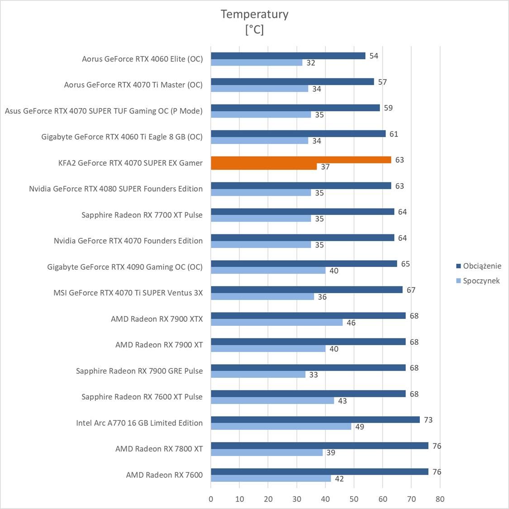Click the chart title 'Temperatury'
pyautogui.click(x=254, y=14)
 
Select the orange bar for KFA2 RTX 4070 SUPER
pyautogui.click(x=300, y=160)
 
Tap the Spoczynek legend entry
pyautogui.click(x=481, y=281)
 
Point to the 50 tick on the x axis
pyautogui.click(x=354, y=499)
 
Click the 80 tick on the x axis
pyautogui.click(x=440, y=499)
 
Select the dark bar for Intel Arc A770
pyautogui.click(x=315, y=420)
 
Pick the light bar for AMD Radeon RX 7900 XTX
pyautogui.click(x=276, y=323)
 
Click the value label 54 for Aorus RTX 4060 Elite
pyautogui.click(x=374, y=56)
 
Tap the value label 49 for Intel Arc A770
pyautogui.click(x=360, y=427)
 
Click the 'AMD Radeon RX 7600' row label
pyautogui.click(x=164, y=475)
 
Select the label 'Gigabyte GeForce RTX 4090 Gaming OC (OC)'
pyautogui.click(x=125, y=267)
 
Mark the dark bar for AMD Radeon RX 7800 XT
pyautogui.click(x=319, y=446)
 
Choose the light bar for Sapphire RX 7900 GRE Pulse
pyautogui.click(x=258, y=375)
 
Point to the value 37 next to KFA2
pyautogui.click(x=325, y=167)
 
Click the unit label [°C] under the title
pyautogui.click(x=254, y=29)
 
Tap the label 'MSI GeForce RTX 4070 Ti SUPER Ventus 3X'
pyautogui.click(x=128, y=293)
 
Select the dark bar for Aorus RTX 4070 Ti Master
pyautogui.click(x=292, y=82)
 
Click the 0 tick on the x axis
pyautogui.click(x=211, y=499)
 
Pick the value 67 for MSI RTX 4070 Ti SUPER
pyautogui.click(x=411, y=290)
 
